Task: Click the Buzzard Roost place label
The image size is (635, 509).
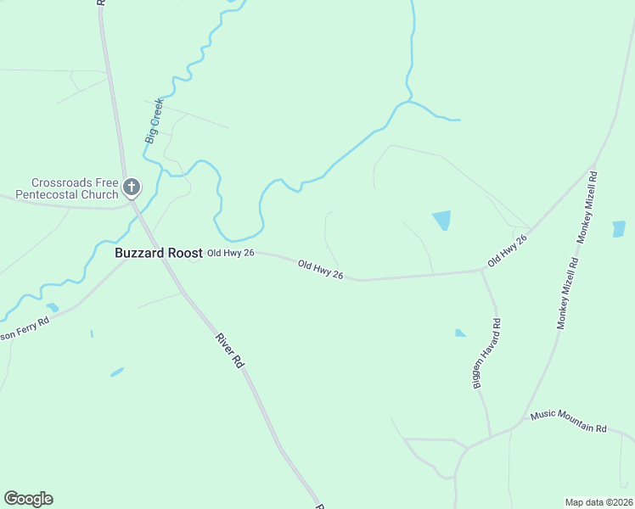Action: [x=159, y=253]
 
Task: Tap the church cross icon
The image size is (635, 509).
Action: [x=132, y=187]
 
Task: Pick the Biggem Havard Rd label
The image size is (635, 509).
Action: [x=486, y=354]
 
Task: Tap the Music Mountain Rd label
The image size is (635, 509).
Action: [x=568, y=421]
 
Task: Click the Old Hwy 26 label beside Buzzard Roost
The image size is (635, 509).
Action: [x=231, y=253]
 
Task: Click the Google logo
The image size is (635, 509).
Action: [x=28, y=499]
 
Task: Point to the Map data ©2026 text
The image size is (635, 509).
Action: [x=598, y=502]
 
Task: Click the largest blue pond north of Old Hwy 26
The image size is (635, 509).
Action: [x=441, y=221]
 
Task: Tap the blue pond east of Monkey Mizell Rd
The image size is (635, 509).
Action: [x=619, y=228]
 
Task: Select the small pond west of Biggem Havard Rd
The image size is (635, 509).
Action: [x=459, y=333]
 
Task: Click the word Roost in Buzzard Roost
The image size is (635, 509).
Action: [x=185, y=253]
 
